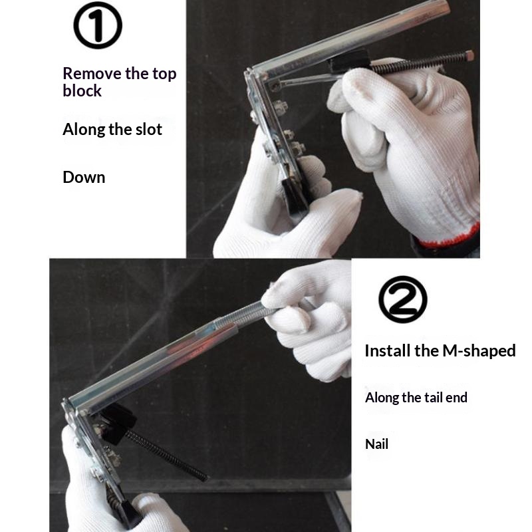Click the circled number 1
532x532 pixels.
coord(98,25)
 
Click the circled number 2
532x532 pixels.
coord(403,299)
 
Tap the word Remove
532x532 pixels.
coord(92,73)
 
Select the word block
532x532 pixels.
coord(82,90)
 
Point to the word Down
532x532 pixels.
coord(84,177)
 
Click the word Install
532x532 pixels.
coord(387,350)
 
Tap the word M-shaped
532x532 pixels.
coord(479,351)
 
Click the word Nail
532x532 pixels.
coord(376,444)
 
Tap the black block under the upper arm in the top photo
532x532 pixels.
coord(348,61)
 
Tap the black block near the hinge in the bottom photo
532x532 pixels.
coord(117,424)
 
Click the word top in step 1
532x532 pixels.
coord(164,74)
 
